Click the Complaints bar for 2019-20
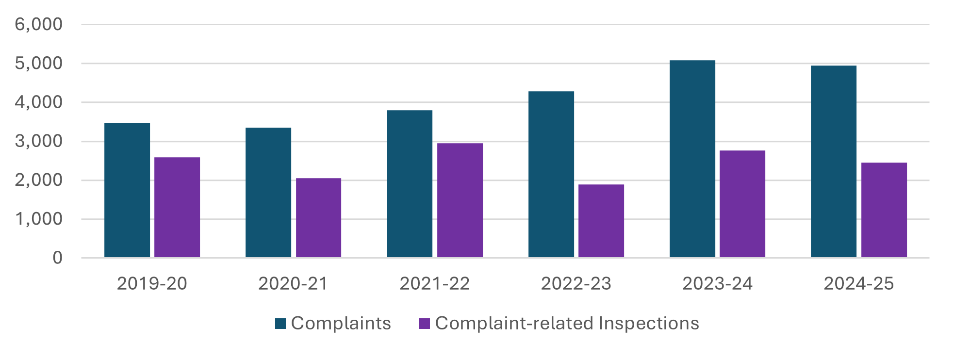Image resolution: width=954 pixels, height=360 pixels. (127, 190)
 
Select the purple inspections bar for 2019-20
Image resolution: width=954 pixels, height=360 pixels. (177, 207)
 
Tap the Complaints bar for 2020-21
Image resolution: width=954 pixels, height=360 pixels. (268, 193)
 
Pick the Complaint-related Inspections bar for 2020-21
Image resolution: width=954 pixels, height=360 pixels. (318, 218)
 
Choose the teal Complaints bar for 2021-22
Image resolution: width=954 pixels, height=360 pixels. (410, 184)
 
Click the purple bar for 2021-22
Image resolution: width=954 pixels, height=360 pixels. (460, 200)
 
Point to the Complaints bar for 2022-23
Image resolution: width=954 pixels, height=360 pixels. (551, 174)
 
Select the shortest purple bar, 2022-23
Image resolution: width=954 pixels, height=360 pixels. (601, 221)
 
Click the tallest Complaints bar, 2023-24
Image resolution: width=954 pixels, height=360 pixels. (692, 159)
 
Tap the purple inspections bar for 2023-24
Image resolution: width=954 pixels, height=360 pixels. (742, 204)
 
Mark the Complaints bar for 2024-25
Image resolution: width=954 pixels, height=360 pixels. (834, 162)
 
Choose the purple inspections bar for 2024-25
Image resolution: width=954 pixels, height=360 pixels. (884, 210)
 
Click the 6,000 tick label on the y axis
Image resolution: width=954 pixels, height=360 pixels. (39, 24)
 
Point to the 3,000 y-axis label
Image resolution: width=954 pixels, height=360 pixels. (39, 141)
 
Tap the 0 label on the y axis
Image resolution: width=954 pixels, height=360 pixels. (58, 258)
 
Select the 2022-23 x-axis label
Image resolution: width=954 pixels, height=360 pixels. (576, 284)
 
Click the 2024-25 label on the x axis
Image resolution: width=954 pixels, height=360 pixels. (858, 284)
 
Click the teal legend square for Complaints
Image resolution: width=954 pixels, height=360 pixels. (280, 324)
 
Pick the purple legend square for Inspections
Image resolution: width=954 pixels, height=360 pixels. (425, 324)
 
